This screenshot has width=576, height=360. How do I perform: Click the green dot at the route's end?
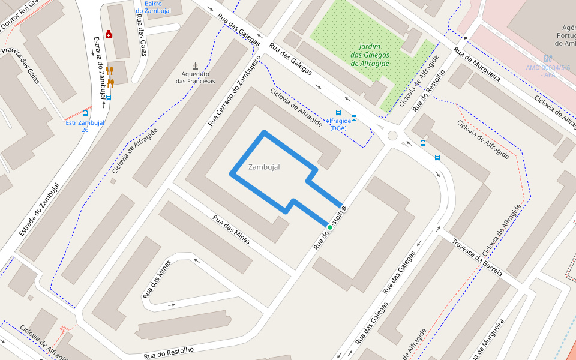point(329,227)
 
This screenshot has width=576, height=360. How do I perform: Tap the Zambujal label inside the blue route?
point(264,167)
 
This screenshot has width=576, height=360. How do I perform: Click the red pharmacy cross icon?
point(108,34)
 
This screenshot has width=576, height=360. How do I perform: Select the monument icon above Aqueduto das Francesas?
point(195,65)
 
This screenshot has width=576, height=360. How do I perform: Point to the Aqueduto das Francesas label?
point(195,77)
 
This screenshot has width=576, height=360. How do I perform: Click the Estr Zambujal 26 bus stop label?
point(85,126)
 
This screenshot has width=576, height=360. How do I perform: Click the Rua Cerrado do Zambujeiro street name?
point(234,91)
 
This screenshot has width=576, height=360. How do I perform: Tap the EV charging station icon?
point(547,58)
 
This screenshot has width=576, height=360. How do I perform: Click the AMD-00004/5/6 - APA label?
point(548,71)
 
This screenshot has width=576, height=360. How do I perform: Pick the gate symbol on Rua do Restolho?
point(344,209)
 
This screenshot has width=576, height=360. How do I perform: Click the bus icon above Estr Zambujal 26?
point(85,113)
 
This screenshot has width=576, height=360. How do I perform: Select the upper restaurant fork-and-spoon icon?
point(110,70)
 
